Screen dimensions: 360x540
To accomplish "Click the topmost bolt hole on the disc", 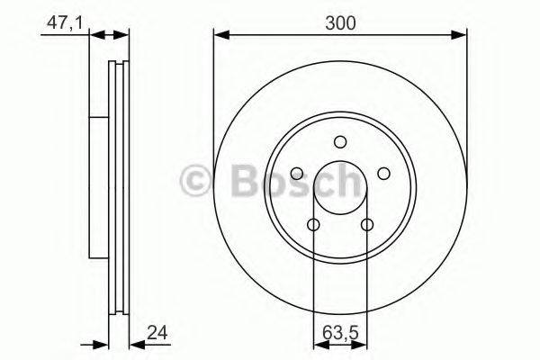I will pos(340,141).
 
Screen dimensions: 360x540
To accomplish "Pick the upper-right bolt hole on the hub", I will pos(382,173).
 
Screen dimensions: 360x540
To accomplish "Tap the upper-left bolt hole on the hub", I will pos(298,173).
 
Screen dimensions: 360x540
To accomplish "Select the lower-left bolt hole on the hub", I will pos(314,224).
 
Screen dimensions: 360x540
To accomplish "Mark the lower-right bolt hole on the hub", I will pos(366,224).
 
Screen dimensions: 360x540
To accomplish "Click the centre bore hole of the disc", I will pos(340,187).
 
